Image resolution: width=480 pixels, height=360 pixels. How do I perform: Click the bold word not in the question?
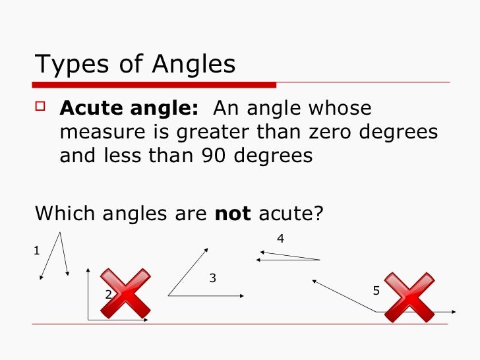click(233, 213)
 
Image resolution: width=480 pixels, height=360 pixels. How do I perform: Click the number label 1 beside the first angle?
click(37, 251)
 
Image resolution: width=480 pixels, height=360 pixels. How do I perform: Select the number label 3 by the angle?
click(212, 278)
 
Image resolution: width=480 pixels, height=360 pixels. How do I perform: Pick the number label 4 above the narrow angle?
click(280, 239)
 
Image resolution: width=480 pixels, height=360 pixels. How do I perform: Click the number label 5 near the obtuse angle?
click(376, 290)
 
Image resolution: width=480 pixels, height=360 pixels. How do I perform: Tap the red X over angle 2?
click(125, 293)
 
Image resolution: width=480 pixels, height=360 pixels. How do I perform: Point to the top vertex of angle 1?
click(61, 232)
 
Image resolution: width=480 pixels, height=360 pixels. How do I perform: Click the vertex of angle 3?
click(169, 295)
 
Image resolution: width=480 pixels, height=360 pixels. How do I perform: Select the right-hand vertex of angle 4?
click(320, 260)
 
